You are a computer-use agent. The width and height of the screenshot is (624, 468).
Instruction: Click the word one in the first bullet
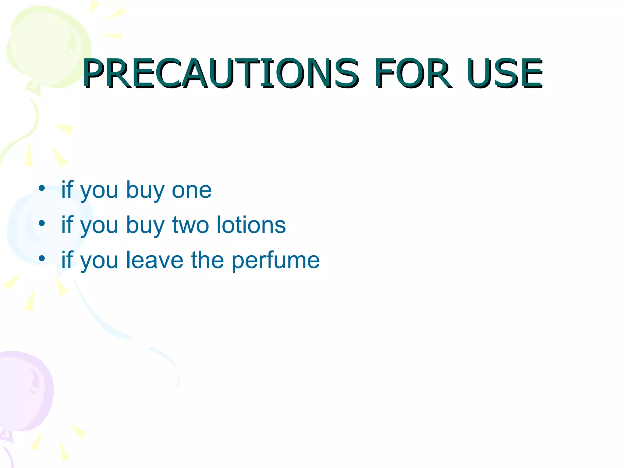[192, 190]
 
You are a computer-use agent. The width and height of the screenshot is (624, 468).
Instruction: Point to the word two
[190, 225]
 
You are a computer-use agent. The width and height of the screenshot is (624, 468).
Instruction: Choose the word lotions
[251, 225]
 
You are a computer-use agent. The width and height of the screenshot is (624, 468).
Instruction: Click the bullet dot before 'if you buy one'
[42, 188]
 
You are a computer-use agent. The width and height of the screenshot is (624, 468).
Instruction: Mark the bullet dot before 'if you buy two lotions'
[42, 223]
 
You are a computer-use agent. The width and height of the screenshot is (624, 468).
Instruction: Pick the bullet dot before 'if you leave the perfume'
[42, 258]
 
